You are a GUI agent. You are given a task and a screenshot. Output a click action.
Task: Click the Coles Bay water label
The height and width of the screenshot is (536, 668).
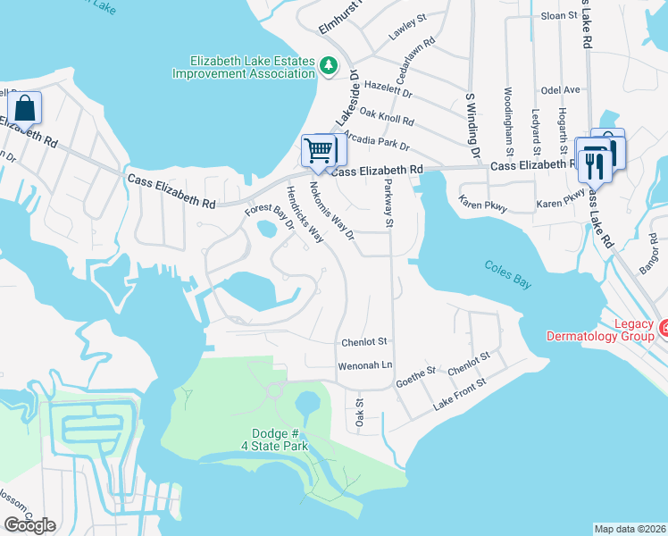(x=509, y=265)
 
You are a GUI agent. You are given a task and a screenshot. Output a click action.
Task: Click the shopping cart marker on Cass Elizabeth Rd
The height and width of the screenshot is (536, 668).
(x=318, y=151)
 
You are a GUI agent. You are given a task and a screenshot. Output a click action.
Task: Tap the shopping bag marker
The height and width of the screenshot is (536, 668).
(x=25, y=108)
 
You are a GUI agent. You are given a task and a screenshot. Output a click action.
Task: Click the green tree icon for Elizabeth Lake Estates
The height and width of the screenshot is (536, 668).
(x=330, y=65)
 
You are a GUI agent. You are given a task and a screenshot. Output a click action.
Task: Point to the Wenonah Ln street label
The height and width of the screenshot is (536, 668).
(x=364, y=366)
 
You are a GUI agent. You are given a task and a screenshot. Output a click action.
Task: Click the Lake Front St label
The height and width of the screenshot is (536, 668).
(x=459, y=393)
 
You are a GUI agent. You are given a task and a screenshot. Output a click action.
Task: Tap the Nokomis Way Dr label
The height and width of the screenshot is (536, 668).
(x=331, y=212)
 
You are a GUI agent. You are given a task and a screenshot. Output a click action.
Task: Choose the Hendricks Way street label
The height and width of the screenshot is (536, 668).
(x=305, y=215)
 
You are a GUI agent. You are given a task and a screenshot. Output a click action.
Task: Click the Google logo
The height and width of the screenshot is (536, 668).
(x=29, y=524)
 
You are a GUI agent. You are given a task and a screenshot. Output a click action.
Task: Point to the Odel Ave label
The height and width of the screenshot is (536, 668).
(x=561, y=89)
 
